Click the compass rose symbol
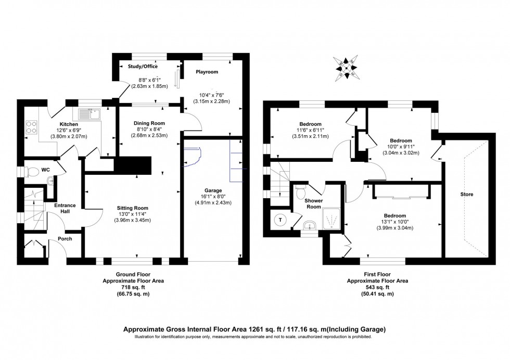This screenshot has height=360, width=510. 345,68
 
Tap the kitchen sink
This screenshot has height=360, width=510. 90,113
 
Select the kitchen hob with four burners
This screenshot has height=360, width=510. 31,127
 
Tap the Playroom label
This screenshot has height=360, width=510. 207,72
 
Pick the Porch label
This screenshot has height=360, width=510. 65,239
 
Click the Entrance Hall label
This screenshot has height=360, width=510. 66,208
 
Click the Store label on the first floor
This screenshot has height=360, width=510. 466,195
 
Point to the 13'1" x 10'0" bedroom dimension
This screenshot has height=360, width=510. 394,223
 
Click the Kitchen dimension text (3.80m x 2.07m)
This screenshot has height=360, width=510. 69,136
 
